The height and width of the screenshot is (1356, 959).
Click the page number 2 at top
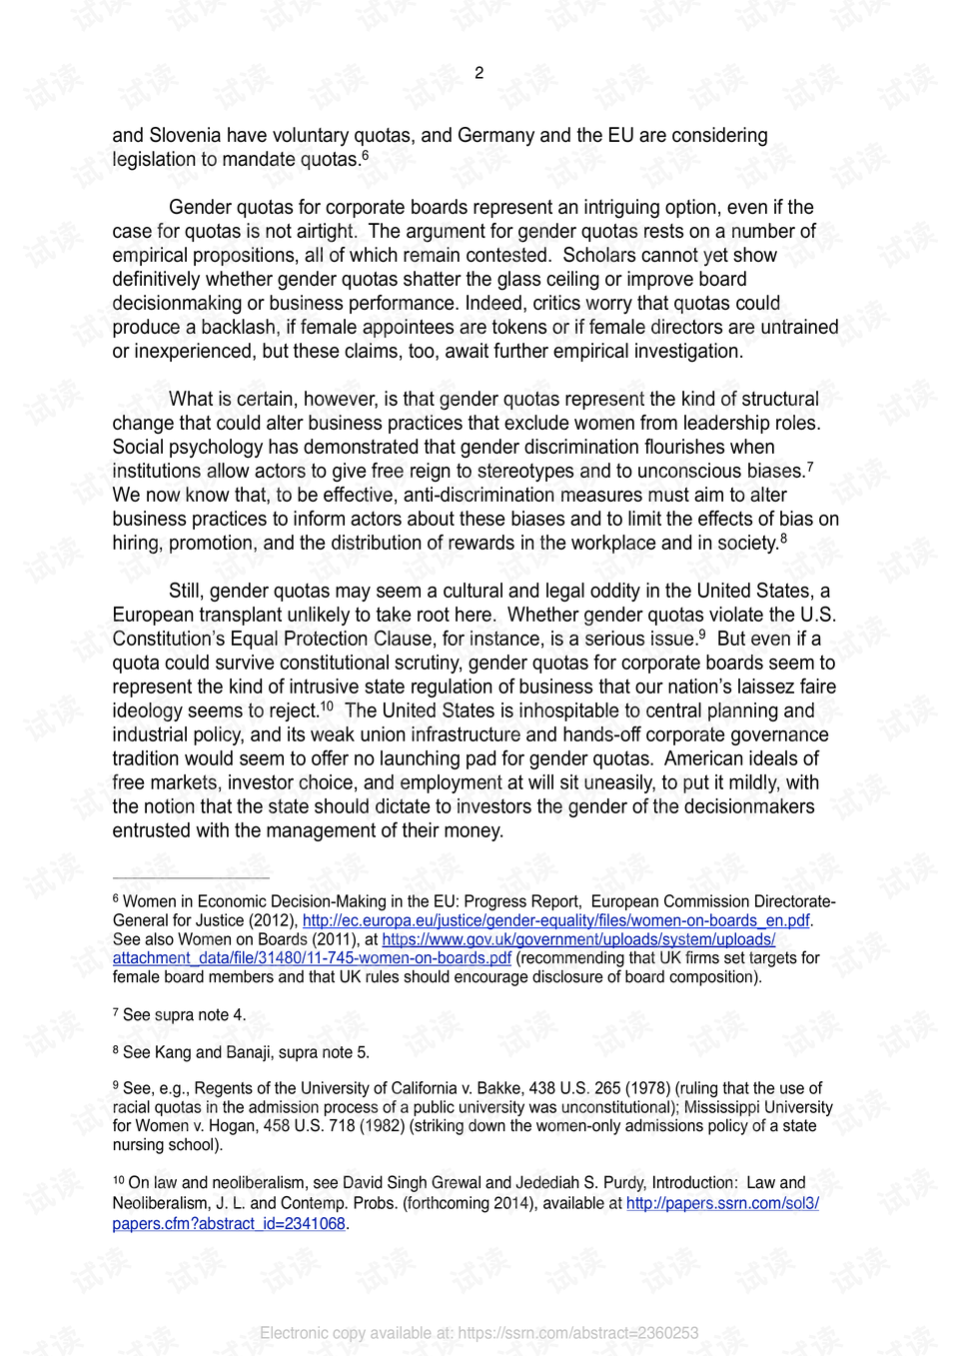point(479,73)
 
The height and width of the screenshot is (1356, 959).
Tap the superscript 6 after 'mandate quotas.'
point(366,155)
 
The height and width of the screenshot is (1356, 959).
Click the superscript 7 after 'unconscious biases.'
point(810,466)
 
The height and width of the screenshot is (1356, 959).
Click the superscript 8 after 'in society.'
point(783,539)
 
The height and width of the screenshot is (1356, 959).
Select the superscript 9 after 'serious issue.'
point(701,635)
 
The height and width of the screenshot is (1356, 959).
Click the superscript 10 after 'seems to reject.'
point(327,706)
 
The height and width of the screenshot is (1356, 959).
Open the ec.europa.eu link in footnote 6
point(555,920)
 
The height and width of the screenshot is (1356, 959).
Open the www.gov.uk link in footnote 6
point(578,939)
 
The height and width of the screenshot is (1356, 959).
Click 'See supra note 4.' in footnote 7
point(183,1014)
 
